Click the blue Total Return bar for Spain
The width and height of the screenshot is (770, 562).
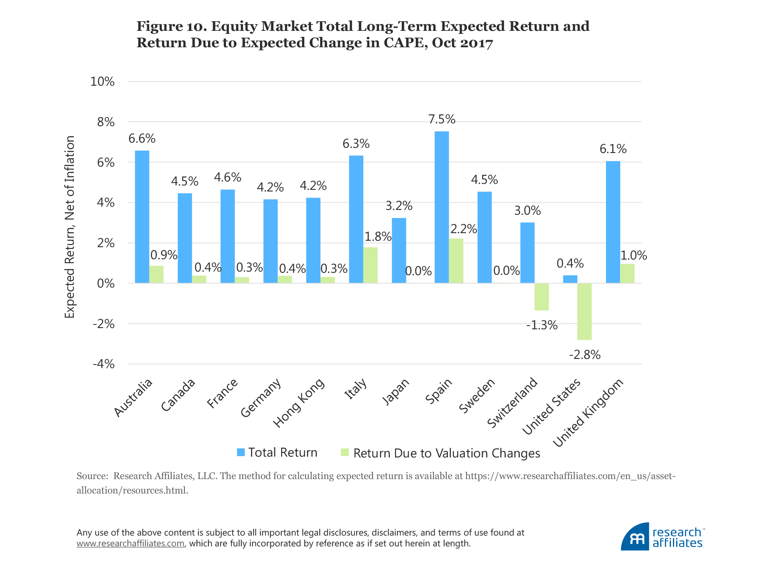pos(442,207)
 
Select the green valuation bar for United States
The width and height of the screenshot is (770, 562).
pos(584,311)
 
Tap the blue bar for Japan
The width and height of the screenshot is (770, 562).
pos(399,250)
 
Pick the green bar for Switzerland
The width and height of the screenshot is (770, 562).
pos(541,297)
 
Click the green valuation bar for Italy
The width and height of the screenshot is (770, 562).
pos(370,265)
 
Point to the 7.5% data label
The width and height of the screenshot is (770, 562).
pos(442,119)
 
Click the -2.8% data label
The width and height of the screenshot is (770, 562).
pos(585,355)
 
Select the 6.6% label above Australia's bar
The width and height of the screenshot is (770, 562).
pos(142,139)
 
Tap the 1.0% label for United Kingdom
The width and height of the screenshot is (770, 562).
pos(634,256)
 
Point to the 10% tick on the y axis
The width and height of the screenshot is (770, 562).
pos(102,82)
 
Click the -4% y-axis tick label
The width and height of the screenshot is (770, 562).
pos(103,364)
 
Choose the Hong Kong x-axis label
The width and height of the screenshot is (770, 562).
pos(299,402)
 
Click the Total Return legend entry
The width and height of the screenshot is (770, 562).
pos(277,453)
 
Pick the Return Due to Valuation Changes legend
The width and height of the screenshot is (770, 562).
pos(441,453)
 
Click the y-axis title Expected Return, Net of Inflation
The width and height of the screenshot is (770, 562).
pos(70,227)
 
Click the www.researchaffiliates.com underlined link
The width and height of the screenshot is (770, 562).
pos(130,544)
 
